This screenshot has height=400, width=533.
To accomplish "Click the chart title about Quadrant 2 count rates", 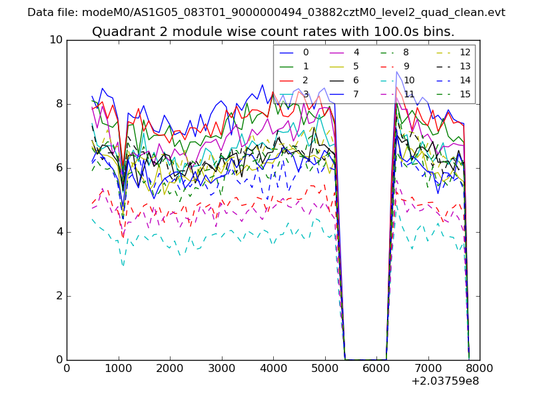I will (x=273, y=31).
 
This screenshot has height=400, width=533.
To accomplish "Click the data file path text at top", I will (x=266, y=13).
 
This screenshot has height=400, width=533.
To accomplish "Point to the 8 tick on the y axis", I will (x=59, y=104).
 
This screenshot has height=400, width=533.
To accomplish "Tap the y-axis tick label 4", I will (x=59, y=232).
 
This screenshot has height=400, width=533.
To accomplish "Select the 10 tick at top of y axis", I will (x=56, y=40).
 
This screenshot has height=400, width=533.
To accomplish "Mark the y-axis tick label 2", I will (x=59, y=296).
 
